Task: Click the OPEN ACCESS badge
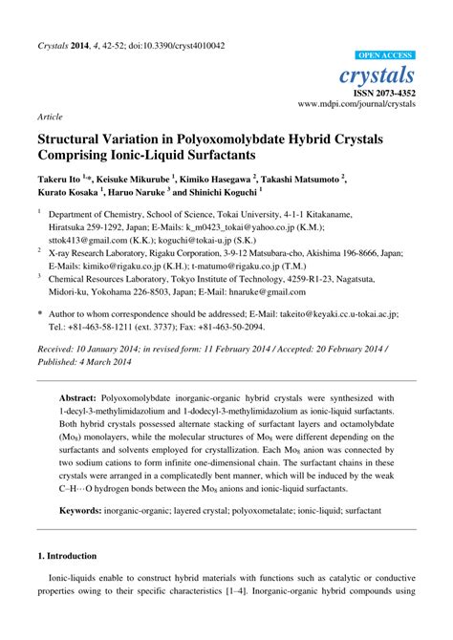(x=384, y=55)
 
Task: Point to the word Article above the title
(x=50, y=117)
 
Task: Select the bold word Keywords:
(x=85, y=512)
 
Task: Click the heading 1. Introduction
(x=67, y=556)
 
